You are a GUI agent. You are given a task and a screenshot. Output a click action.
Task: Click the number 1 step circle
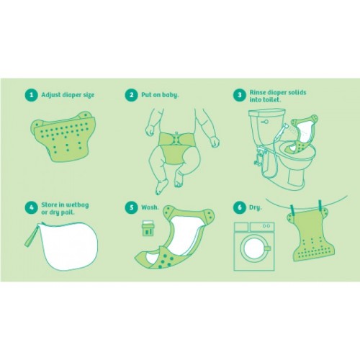[x=32, y=95]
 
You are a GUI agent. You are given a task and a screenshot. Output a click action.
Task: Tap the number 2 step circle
[x=131, y=95]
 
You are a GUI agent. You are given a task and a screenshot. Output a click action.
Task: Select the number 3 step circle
[x=240, y=95]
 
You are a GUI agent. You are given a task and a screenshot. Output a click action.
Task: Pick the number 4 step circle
[x=32, y=208]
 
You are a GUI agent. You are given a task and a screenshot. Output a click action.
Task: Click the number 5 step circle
[x=131, y=207]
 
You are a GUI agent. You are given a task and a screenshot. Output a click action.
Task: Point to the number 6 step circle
[x=240, y=207]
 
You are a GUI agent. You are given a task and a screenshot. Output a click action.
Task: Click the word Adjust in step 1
[x=51, y=95]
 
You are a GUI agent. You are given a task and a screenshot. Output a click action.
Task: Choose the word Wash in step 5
[x=150, y=207]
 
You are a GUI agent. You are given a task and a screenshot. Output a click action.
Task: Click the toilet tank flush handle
[x=265, y=122]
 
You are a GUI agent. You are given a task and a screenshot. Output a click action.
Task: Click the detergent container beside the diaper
[x=147, y=228]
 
